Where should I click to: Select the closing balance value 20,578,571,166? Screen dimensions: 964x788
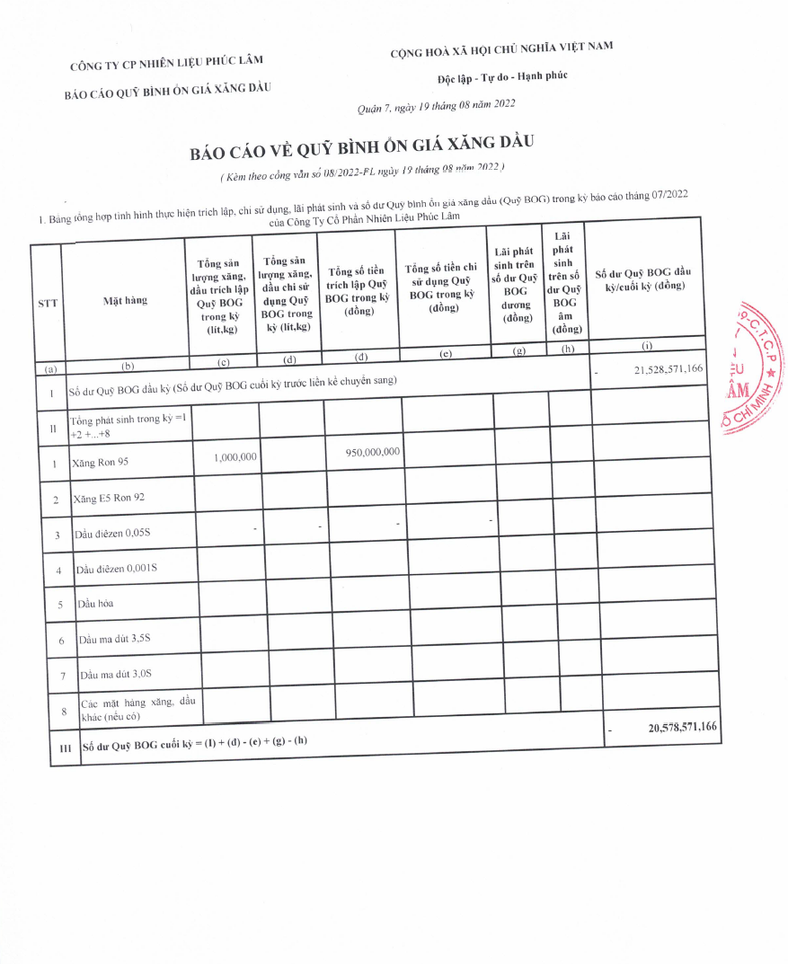point(682,727)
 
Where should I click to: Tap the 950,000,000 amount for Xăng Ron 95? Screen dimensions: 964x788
point(372,452)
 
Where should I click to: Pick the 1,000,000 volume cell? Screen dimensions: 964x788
point(235,456)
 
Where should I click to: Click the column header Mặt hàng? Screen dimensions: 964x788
point(126,300)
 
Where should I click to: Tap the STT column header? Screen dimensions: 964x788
point(48,303)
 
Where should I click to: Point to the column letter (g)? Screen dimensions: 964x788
point(518,350)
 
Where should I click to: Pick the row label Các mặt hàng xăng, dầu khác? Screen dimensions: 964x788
point(137,709)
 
